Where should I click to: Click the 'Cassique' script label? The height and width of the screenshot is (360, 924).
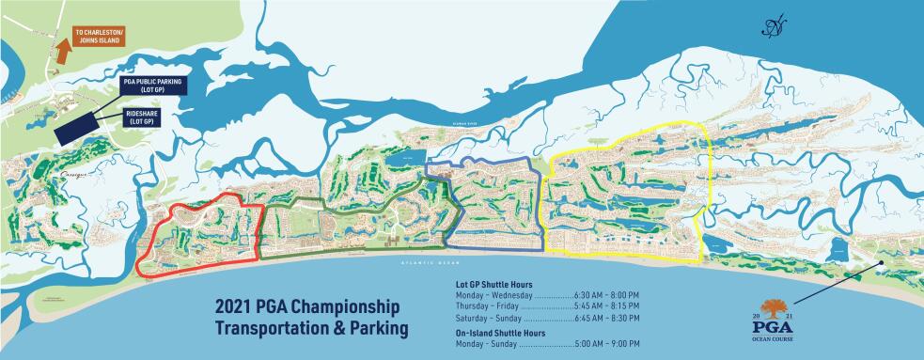(x=73, y=174)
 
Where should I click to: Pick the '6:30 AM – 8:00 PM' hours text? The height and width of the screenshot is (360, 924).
(x=605, y=295)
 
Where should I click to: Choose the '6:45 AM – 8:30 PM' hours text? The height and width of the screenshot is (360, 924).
(x=605, y=319)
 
